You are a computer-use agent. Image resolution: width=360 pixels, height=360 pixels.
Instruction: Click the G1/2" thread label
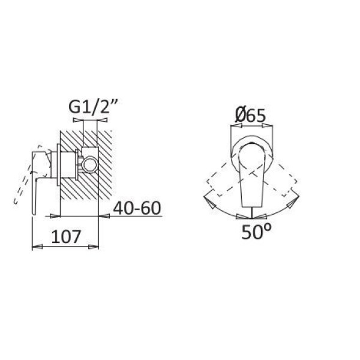[94, 107]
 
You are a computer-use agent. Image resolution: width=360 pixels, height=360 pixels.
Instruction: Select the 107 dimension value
[66, 236]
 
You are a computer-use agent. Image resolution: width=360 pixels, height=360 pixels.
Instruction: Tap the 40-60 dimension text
[137, 208]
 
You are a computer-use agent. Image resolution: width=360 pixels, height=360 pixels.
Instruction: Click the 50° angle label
[256, 232]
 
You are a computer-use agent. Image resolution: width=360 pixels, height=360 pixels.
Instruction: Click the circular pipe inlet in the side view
[90, 164]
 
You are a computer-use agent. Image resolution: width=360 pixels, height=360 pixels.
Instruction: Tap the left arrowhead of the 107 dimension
[37, 247]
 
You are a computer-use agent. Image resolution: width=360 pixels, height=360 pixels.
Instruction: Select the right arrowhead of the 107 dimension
[94, 247]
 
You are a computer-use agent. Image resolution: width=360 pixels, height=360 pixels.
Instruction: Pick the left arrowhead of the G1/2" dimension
[77, 120]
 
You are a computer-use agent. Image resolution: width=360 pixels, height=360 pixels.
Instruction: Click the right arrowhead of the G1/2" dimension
[103, 120]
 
